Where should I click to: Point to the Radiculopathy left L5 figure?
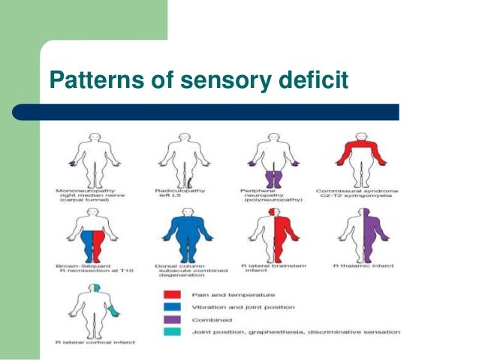pyautogui.click(x=179, y=158)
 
